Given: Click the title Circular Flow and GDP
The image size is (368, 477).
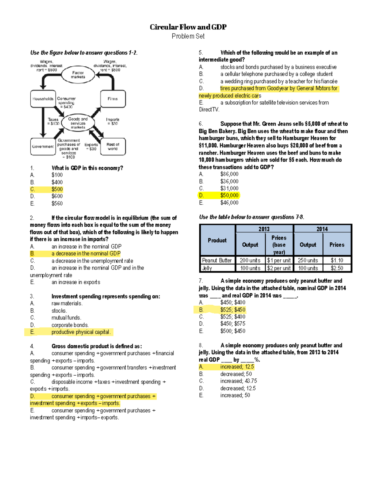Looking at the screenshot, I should [x=188, y=27].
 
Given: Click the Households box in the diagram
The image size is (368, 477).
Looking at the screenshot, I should [x=43, y=99].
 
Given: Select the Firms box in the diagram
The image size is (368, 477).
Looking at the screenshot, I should [x=113, y=99].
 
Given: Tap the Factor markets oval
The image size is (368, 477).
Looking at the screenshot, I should [x=78, y=75].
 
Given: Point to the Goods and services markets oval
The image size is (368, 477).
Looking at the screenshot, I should [x=78, y=123].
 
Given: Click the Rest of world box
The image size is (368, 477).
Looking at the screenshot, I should [x=113, y=147].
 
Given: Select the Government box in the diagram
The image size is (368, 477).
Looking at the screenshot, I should [x=43, y=147].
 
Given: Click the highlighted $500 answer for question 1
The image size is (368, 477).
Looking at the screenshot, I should [x=57, y=189].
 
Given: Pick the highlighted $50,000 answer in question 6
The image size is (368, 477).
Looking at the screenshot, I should [x=229, y=195].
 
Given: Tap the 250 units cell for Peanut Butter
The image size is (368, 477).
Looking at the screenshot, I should [x=308, y=260].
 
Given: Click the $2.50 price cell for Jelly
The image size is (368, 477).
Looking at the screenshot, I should [x=337, y=268].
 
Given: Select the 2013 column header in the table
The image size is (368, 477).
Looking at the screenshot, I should [x=264, y=229].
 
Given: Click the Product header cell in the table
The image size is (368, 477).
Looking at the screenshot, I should [x=217, y=240].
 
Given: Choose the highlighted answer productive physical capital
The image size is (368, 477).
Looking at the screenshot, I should [x=81, y=332].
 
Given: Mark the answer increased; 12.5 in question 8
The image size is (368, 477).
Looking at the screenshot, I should [x=237, y=367].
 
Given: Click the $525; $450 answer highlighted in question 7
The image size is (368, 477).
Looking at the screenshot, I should [x=233, y=310].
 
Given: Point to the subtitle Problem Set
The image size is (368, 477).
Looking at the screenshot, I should [x=188, y=36].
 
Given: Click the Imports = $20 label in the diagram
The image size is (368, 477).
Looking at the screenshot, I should [x=113, y=121].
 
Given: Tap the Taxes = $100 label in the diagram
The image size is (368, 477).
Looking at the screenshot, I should [x=53, y=121].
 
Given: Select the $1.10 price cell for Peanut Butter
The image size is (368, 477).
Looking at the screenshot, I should [x=337, y=260].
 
